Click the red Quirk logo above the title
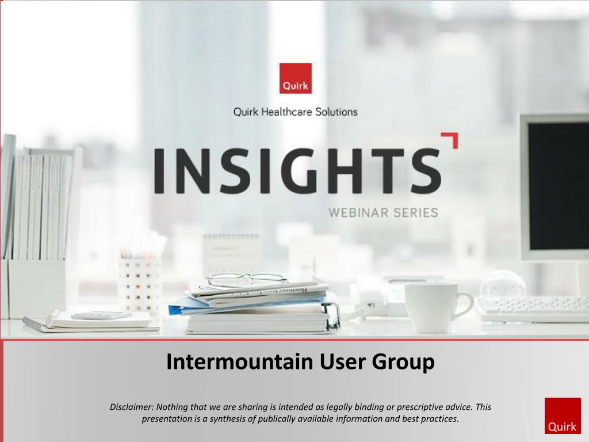[x=295, y=78]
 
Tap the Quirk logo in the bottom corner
[x=563, y=416]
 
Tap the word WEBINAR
[x=357, y=213]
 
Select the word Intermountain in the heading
[x=240, y=361]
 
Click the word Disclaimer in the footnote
[x=132, y=407]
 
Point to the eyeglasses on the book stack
[x=247, y=280]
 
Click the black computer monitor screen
[x=558, y=186]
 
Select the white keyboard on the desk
[x=533, y=309]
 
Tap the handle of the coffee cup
[x=465, y=304]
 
